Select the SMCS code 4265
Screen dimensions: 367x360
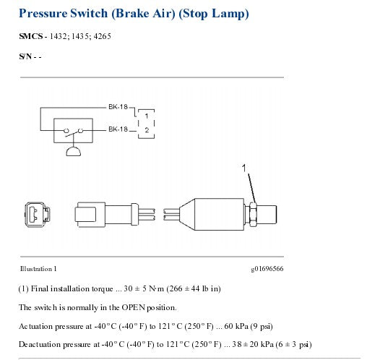click(102, 36)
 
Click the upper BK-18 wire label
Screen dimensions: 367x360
click(118, 107)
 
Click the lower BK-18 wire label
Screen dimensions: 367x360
click(118, 129)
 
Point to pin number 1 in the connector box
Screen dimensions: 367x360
click(147, 116)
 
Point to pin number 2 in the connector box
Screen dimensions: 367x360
click(147, 130)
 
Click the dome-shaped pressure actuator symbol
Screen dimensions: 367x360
click(74, 152)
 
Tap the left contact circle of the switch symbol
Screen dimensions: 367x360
click(66, 131)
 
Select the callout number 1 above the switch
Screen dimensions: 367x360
click(244, 168)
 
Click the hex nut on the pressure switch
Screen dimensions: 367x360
click(253, 214)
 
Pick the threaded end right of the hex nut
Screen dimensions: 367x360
click(267, 215)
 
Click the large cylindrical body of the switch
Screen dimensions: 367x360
click(219, 214)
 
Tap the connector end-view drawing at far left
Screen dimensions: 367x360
click(38, 215)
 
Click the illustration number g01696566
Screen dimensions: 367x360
click(267, 269)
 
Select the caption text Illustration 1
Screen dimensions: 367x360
click(38, 269)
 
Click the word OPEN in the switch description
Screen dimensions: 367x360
click(134, 307)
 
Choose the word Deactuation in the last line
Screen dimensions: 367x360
click(40, 344)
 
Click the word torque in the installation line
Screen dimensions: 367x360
click(103, 288)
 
